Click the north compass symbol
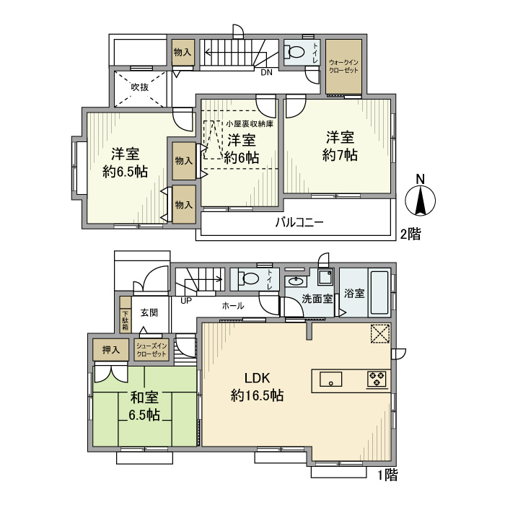point(420,200)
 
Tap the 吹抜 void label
point(140,87)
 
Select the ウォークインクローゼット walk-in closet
point(343,66)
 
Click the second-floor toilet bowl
point(294,51)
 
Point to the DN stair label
point(266,72)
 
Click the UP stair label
point(186,301)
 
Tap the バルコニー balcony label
point(299,222)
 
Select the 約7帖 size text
point(340,155)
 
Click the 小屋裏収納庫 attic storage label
point(250,123)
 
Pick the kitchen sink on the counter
point(330,379)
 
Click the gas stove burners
point(377,379)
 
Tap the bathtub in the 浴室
point(379,293)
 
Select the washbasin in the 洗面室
point(296,281)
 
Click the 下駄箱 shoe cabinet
point(126,315)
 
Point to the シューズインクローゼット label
point(151,350)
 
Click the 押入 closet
point(110,349)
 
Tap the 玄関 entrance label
point(149,312)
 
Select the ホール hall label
point(233,306)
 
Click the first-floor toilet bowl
point(249,278)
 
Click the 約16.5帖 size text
point(257,395)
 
